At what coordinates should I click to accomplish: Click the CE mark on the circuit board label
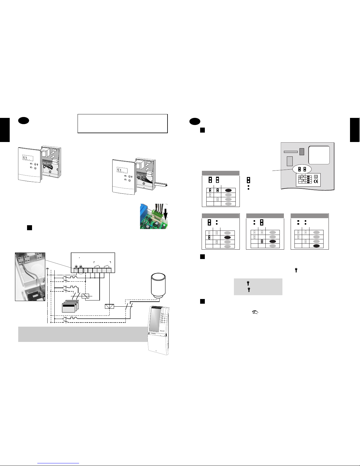[316, 181]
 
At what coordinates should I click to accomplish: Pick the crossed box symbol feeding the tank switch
[109, 306]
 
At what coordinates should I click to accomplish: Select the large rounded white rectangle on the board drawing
[319, 155]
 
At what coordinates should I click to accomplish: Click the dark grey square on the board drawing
[302, 151]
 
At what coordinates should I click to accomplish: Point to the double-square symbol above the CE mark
[316, 177]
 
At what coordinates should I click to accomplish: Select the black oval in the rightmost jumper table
[316, 246]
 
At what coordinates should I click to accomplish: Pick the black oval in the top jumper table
[228, 191]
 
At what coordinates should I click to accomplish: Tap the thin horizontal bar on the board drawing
[291, 152]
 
